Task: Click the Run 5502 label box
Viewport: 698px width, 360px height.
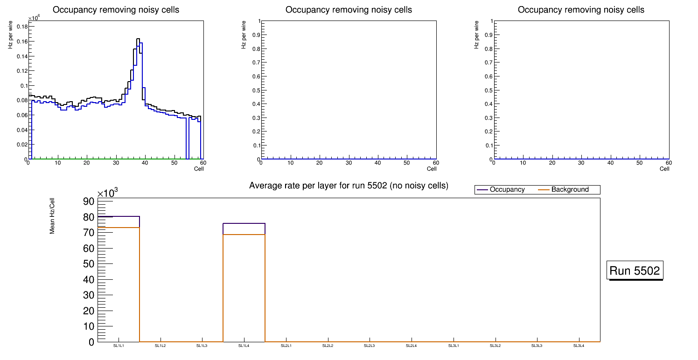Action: [635, 270]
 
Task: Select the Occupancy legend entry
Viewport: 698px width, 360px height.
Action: [507, 190]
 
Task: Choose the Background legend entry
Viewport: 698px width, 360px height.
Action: [570, 190]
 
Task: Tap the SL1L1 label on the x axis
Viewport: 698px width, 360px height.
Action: [119, 346]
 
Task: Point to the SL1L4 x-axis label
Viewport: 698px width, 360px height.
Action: [244, 346]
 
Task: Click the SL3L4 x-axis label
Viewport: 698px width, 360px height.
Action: [579, 346]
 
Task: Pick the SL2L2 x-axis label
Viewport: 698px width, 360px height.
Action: [328, 346]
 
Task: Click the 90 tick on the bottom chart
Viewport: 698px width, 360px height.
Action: [89, 201]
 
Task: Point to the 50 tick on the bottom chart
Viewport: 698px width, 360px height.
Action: [89, 264]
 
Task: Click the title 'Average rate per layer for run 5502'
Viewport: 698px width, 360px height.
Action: [349, 186]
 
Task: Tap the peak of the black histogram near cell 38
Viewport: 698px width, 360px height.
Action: [138, 39]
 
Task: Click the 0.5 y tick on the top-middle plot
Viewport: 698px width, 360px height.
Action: [254, 90]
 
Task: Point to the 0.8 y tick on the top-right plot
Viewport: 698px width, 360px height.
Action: [487, 49]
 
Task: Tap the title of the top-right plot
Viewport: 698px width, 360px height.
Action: [581, 10]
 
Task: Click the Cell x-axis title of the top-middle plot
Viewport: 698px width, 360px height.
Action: [432, 169]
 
